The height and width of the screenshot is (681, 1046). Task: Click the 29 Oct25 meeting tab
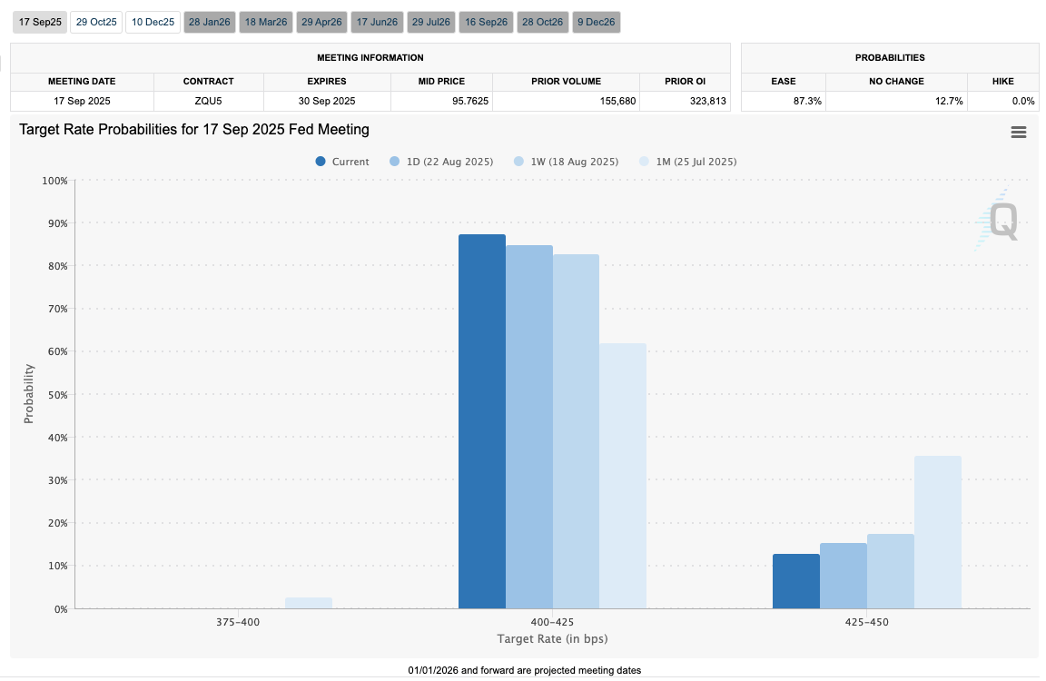[95, 22]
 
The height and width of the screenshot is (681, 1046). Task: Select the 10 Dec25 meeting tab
[153, 22]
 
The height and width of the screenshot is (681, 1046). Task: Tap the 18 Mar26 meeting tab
[266, 22]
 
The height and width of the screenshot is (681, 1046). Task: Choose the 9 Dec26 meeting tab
[597, 22]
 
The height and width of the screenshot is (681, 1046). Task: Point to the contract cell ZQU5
[209, 101]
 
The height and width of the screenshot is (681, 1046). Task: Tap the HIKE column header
[1002, 81]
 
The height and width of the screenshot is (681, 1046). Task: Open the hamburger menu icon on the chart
[1019, 133]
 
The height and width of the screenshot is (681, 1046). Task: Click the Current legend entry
[342, 162]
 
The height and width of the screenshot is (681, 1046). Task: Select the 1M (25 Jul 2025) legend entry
[688, 162]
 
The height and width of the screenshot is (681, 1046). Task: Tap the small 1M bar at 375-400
[309, 603]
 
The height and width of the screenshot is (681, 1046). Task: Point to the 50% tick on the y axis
[55, 394]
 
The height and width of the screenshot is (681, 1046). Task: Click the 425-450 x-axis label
[867, 623]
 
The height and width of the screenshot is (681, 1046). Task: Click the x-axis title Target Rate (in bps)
[552, 640]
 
